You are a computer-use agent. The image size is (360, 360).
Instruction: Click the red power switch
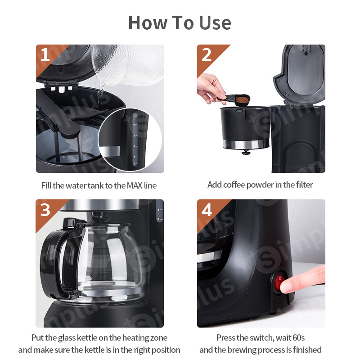click(x=279, y=282)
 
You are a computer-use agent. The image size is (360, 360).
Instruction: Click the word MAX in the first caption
click(x=135, y=185)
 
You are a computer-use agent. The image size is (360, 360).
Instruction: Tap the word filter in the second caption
click(x=304, y=184)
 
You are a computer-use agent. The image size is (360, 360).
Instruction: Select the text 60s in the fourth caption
click(x=298, y=338)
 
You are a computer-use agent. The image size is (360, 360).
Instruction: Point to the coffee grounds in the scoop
click(x=242, y=99)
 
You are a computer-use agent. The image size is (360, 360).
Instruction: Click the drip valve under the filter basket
click(x=246, y=152)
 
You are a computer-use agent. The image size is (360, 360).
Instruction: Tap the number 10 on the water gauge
click(x=134, y=125)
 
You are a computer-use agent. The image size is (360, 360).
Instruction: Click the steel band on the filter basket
click(x=246, y=144)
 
